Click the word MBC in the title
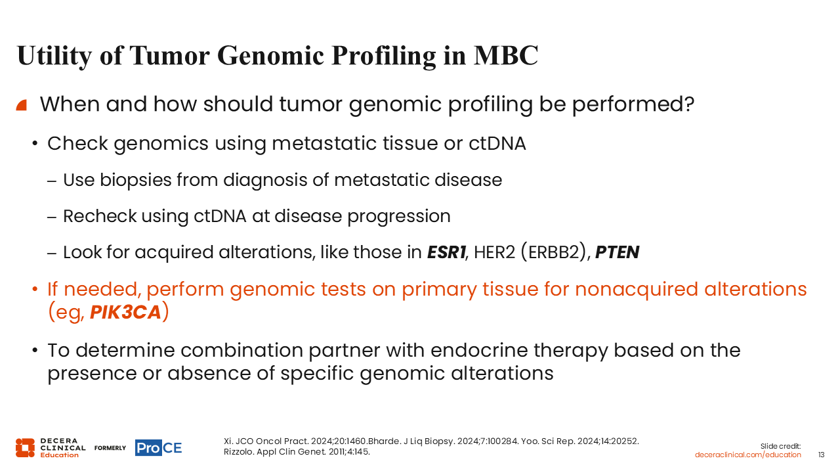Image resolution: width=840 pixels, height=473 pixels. [x=506, y=56]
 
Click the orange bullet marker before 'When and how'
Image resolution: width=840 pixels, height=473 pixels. [x=22, y=105]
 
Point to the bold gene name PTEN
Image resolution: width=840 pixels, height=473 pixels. [x=618, y=252]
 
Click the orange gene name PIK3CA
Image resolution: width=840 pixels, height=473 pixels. [x=125, y=312]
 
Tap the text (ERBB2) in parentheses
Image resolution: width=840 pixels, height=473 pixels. [x=554, y=252]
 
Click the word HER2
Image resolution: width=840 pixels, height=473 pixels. [x=495, y=252]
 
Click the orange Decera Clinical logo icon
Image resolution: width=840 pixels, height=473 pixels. [x=25, y=447]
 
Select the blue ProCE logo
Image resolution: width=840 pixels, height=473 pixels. [x=159, y=447]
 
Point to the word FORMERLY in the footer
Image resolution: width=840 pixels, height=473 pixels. [x=110, y=448]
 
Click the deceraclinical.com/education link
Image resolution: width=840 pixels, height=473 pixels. [x=747, y=455]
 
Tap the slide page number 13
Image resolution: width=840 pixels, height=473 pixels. [x=821, y=455]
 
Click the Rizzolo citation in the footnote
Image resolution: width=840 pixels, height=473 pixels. [x=297, y=451]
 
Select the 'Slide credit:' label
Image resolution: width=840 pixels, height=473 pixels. [x=780, y=446]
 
